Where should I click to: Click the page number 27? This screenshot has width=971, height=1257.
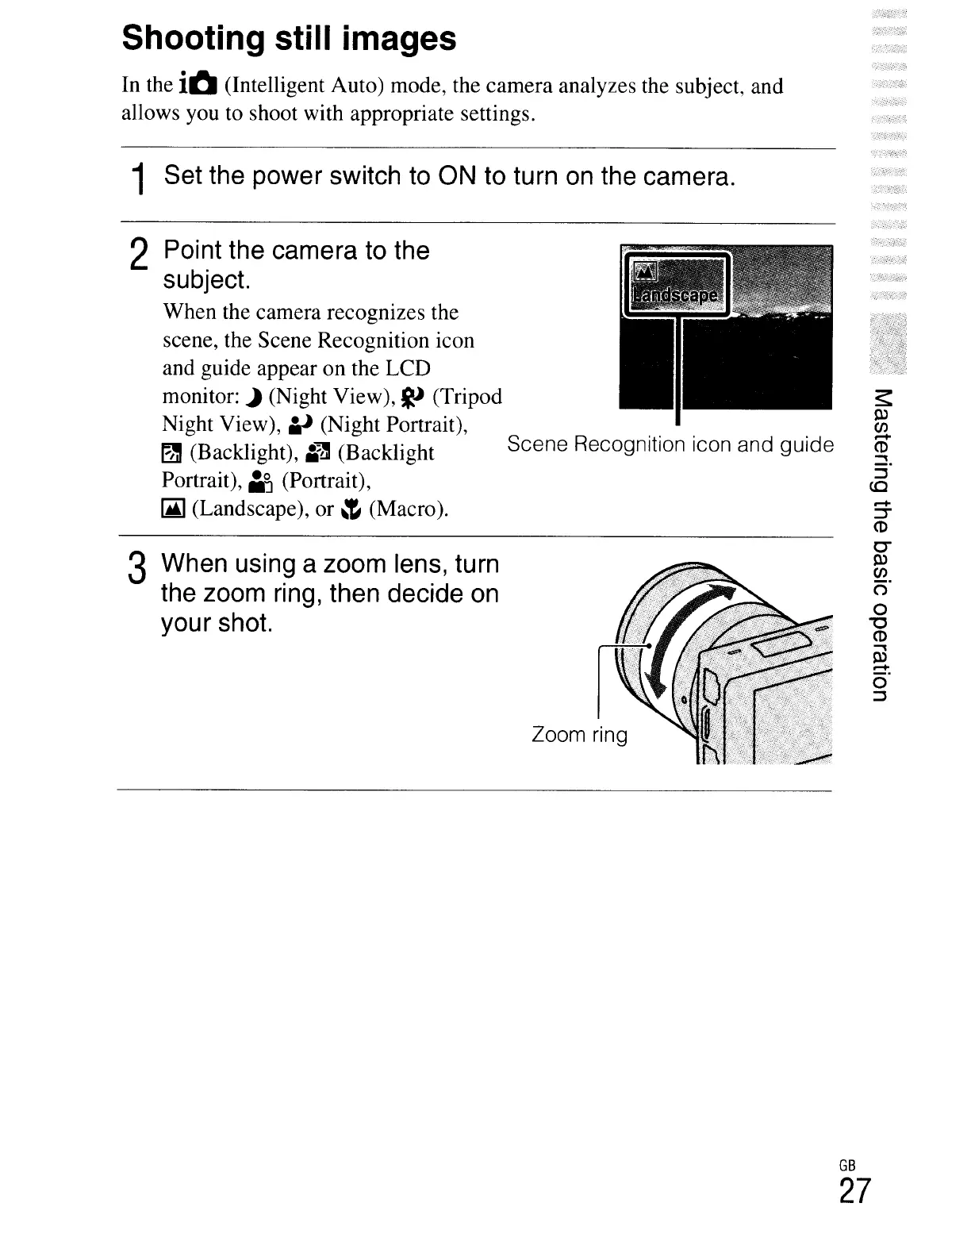click(x=854, y=1192)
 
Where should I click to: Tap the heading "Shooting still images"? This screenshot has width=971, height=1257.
click(x=289, y=37)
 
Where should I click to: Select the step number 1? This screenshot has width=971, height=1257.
click(x=140, y=179)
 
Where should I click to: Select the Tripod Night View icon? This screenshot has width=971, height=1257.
click(x=414, y=396)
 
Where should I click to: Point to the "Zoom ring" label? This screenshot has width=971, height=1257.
click(x=579, y=735)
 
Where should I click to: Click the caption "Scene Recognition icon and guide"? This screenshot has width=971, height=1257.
click(x=670, y=444)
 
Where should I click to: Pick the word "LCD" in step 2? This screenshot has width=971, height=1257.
click(x=409, y=368)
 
